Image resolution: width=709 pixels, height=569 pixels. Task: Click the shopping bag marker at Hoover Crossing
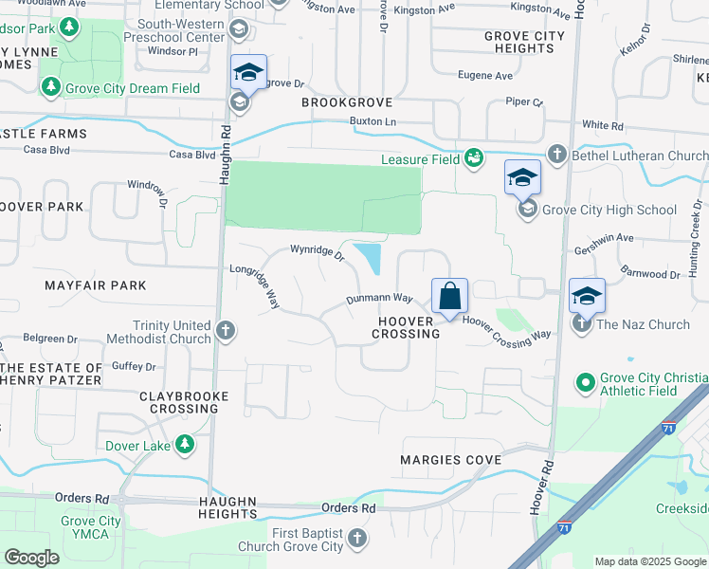pos(449,295)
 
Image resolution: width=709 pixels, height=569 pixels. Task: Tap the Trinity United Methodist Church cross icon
pos(225,331)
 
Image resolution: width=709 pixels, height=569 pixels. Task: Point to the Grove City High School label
pos(609,210)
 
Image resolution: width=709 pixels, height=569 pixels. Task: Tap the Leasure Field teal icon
pos(474,157)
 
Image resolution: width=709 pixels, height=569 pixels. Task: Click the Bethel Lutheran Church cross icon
pos(557,154)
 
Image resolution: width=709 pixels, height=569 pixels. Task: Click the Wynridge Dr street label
pos(317,253)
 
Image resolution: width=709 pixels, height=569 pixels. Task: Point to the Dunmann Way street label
pos(379,300)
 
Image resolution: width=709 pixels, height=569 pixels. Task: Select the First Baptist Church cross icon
pos(357,539)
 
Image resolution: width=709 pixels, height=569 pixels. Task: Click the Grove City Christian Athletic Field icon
pos(586,383)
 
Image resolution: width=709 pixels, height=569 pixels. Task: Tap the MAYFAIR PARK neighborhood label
pos(96,284)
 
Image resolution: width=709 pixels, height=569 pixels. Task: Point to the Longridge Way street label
pos(255,286)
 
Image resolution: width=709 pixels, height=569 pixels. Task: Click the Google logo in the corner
pos(30,557)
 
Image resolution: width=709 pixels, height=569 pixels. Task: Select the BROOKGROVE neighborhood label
pos(346,101)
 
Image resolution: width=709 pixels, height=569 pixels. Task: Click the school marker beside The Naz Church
pos(587,296)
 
